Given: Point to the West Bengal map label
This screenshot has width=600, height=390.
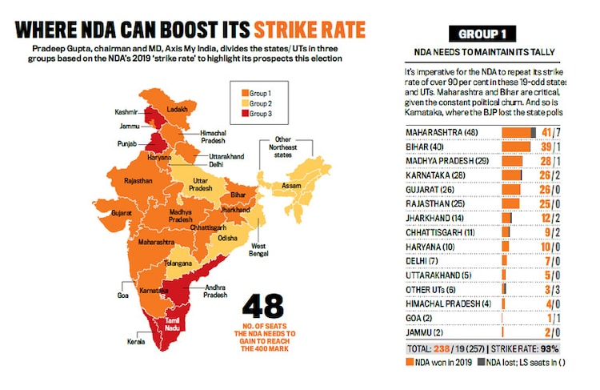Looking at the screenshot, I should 258,248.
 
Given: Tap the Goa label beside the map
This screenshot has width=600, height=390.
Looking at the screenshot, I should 122,296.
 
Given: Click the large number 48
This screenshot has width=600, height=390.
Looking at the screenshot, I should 265,308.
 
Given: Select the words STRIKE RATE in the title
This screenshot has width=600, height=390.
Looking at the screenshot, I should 310,30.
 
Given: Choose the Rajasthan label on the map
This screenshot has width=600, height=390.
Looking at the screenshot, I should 138,181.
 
